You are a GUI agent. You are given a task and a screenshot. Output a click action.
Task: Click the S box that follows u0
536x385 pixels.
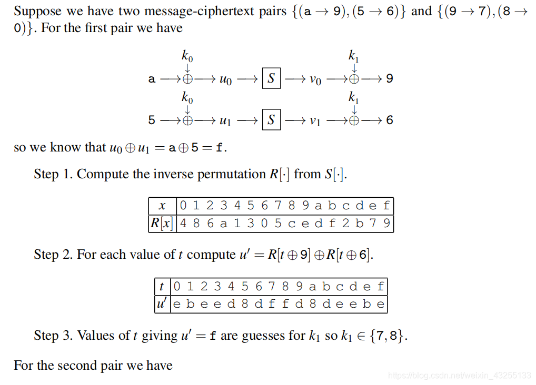pyautogui.click(x=271, y=79)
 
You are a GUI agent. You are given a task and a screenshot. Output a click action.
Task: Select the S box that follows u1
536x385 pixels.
pyautogui.click(x=271, y=119)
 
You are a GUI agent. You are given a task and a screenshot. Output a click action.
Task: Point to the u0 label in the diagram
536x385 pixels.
pyautogui.click(x=225, y=80)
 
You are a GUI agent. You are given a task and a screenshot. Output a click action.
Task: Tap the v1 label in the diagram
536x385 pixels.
pyautogui.click(x=315, y=120)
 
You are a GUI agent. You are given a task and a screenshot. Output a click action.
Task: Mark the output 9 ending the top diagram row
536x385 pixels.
pyautogui.click(x=389, y=79)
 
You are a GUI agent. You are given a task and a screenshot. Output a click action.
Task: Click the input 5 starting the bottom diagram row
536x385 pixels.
pyautogui.click(x=152, y=120)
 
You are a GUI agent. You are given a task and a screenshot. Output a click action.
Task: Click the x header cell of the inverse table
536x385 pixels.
pyautogui.click(x=163, y=206)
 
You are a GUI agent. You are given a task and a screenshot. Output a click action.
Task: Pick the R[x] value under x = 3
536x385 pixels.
pyautogui.click(x=224, y=223)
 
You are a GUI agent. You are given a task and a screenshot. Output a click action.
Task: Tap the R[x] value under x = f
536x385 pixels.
pyautogui.click(x=387, y=223)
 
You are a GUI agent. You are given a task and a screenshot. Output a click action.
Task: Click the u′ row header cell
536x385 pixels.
pyautogui.click(x=162, y=304)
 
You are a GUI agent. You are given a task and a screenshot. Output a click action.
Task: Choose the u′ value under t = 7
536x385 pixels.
pyautogui.click(x=272, y=304)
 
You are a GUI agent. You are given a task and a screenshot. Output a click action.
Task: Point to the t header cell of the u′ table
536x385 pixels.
pyautogui.click(x=162, y=287)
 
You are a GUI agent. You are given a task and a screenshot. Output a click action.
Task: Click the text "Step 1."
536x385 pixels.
pyautogui.click(x=53, y=174)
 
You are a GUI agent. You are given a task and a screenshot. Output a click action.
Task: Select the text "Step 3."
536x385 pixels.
pyautogui.click(x=53, y=335)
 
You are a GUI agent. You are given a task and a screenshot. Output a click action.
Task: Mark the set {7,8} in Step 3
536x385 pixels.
pyautogui.click(x=388, y=336)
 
